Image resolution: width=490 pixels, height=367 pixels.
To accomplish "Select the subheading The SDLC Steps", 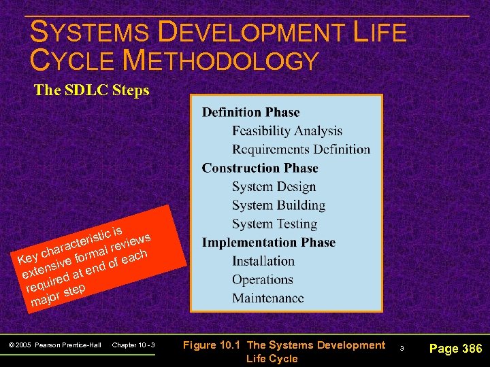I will coord(91,90).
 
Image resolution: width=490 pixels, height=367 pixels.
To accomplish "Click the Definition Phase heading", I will coord(250,113).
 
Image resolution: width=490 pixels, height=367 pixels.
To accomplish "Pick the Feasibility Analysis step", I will coord(287,131).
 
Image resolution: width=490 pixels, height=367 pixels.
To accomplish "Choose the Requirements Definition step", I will coord(301,150).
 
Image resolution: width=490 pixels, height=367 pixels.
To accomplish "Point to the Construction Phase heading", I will coord(260,168).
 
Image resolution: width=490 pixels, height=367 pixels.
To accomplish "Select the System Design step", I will coord(274,187).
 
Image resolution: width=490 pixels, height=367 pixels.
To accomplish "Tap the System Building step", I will coord(278,205).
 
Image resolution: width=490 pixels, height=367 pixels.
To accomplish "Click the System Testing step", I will coord(274,224).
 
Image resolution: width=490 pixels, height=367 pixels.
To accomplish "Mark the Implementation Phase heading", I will coord(269,243).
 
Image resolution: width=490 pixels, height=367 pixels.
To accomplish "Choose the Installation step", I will coord(263,261).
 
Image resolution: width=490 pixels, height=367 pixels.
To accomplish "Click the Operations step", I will coord(262,279).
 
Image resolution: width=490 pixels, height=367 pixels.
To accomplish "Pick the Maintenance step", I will coord(267,298).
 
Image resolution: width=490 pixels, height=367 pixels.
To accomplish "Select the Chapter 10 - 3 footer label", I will coord(133,345).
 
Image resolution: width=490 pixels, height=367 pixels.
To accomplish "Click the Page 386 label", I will coord(455,349).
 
